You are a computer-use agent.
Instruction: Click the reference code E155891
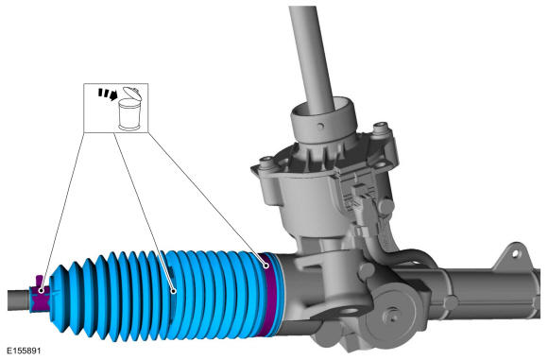[x=24, y=351]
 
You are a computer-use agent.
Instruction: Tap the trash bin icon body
[x=129, y=114]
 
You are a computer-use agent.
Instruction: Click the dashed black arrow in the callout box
[x=108, y=94]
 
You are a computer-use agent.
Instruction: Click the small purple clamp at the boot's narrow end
[x=40, y=294]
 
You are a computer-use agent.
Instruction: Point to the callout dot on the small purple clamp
[x=42, y=290]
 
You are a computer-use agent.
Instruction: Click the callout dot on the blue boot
[x=173, y=291]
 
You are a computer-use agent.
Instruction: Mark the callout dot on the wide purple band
[x=266, y=266]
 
